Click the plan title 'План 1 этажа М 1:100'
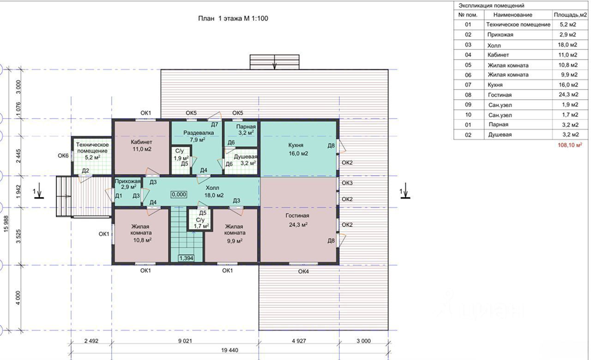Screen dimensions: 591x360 233,18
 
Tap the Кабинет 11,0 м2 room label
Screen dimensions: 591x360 142,145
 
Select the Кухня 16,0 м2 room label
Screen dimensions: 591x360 298,149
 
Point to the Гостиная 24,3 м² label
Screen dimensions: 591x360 297,220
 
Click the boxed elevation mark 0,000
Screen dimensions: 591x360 179,195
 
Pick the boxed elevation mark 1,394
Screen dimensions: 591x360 186,258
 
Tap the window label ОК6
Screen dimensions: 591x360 63,156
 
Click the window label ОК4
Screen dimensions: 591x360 303,271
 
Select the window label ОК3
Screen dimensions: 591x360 347,183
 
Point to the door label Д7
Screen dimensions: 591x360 215,125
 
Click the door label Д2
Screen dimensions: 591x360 85,171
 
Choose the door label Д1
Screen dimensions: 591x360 119,196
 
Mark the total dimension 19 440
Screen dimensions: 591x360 229,350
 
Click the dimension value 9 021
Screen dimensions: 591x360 185,341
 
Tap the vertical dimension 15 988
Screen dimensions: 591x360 6,224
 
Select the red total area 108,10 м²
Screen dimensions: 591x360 570,145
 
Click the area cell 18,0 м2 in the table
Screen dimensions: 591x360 567,45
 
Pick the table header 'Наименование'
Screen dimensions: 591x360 513,15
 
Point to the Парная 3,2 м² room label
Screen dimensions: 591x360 246,130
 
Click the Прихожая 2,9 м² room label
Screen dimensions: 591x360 127,184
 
